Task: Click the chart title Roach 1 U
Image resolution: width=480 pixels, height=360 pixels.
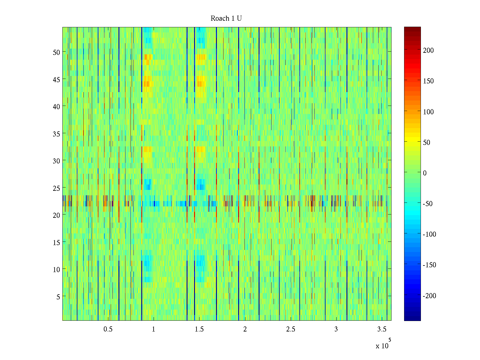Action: (x=226, y=19)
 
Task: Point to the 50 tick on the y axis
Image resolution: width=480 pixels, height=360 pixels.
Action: (x=56, y=52)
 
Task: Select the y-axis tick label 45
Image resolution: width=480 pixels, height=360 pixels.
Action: (x=56, y=79)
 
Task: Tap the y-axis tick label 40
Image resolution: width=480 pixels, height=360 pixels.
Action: (x=56, y=106)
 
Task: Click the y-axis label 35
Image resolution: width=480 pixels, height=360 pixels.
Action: (x=56, y=134)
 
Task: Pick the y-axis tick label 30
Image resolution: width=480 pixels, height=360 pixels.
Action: (x=56, y=161)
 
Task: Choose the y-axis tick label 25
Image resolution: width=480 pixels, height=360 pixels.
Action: (x=56, y=188)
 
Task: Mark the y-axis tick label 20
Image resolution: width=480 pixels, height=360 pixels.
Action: (x=56, y=215)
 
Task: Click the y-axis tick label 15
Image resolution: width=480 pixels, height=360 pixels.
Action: (x=56, y=242)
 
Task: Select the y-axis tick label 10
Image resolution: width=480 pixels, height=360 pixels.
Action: (x=56, y=269)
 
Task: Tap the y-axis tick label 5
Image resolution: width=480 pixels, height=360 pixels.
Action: (x=58, y=297)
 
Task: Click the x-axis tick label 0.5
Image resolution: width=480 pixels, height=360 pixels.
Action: (x=108, y=329)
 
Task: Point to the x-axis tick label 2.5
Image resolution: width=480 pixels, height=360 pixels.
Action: (x=291, y=329)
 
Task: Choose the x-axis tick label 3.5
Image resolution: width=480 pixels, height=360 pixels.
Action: (x=382, y=329)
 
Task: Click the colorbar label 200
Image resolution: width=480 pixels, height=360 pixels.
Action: (x=428, y=50)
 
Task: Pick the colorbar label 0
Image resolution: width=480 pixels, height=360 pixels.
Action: (x=424, y=173)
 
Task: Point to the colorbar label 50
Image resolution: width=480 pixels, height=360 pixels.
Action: (x=427, y=142)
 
